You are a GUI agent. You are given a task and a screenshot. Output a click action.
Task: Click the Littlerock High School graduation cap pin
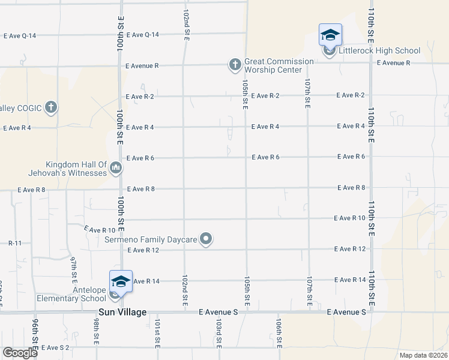pyautogui.click(x=330, y=35)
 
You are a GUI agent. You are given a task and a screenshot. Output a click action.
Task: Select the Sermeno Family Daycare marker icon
pyautogui.click(x=206, y=239)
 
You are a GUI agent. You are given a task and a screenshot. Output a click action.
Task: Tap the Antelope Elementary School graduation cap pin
pyautogui.click(x=120, y=282)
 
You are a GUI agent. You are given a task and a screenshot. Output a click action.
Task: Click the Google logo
pyautogui.click(x=20, y=353)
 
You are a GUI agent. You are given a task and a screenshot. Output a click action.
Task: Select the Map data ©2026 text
pyautogui.click(x=423, y=355)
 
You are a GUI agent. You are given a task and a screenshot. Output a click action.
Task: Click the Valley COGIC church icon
pyautogui.click(x=51, y=107)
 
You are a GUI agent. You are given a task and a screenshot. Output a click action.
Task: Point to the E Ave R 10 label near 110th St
pyautogui.click(x=350, y=218)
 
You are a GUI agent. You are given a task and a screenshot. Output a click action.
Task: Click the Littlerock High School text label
pyautogui.click(x=370, y=51)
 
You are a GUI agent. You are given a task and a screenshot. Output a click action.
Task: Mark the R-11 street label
pyautogui.click(x=15, y=243)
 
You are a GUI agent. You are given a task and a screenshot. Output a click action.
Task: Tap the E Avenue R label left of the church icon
pyautogui.click(x=142, y=65)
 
